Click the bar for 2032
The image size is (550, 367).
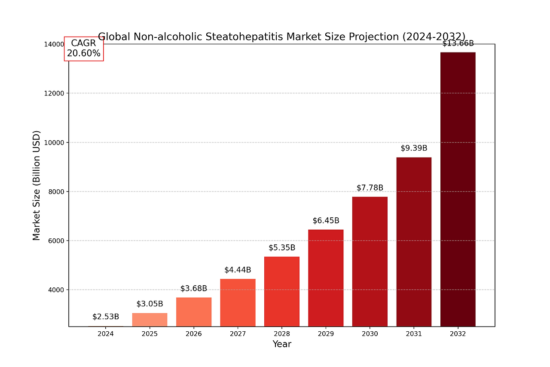pos(458,189)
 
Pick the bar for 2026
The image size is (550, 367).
pos(193,311)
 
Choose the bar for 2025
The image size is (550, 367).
pos(150,319)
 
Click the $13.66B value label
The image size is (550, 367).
pos(458,43)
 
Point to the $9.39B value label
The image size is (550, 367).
pos(414,148)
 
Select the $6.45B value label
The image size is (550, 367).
pos(326,221)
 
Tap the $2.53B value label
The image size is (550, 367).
pos(106,317)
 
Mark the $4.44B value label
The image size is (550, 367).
pos(238,270)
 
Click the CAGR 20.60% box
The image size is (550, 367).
pos(84,49)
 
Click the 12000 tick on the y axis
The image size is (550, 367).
pos(55,93)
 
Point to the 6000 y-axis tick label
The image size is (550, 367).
pos(57,241)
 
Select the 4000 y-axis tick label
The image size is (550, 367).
pos(57,290)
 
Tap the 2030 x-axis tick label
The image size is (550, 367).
pos(370,334)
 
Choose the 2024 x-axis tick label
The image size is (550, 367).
pos(106,334)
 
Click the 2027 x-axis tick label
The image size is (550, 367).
pos(238,334)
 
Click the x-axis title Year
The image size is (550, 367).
pos(282,344)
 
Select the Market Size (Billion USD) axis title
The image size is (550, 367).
pos(37,185)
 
